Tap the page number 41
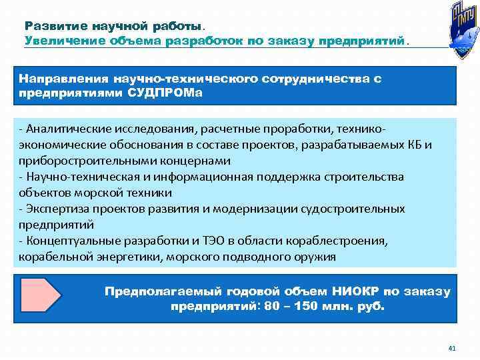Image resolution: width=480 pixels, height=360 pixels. coord(451,348)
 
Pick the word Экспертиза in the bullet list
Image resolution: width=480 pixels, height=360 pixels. coord(52,209)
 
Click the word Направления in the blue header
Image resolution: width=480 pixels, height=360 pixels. coord(64,79)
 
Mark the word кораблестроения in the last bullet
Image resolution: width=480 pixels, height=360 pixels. coord(339,241)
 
